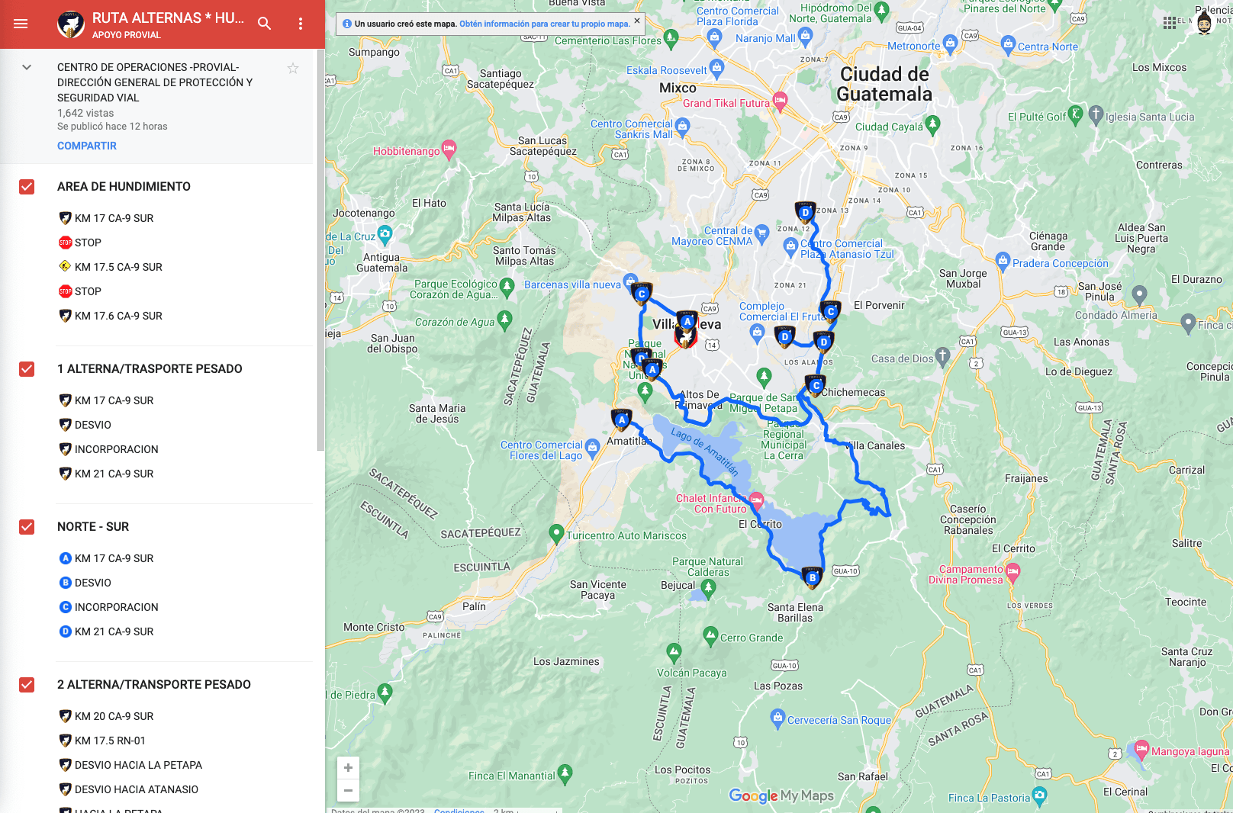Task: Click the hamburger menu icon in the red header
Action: (x=21, y=24)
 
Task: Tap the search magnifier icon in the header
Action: (x=264, y=24)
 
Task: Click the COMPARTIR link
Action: (x=87, y=146)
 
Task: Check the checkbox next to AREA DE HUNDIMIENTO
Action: (x=27, y=187)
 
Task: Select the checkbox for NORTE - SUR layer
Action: (x=27, y=527)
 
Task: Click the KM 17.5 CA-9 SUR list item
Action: (x=118, y=267)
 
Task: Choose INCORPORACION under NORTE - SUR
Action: (x=116, y=607)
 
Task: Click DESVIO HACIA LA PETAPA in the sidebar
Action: (x=138, y=765)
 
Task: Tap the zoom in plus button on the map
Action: (x=348, y=767)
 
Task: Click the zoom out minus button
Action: (x=348, y=790)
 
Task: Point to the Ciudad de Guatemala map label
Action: (x=884, y=84)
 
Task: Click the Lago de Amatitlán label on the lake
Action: (x=704, y=451)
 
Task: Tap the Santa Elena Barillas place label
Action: (x=795, y=612)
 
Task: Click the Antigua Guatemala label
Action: (x=381, y=262)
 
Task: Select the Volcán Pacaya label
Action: (x=691, y=673)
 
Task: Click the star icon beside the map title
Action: (x=293, y=69)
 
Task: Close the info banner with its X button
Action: (x=637, y=21)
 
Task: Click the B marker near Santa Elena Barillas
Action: (x=812, y=577)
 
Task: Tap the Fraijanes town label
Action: (x=1026, y=478)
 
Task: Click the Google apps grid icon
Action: (x=1169, y=23)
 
